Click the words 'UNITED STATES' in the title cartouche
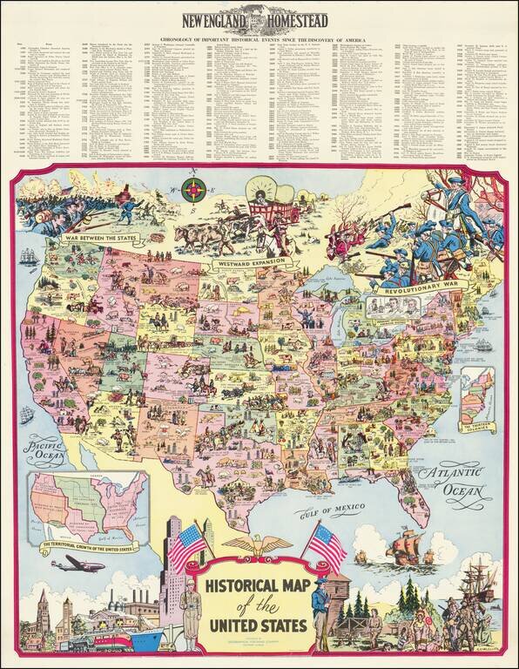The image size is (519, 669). click(255, 626)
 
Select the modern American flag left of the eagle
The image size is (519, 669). click(188, 547)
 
